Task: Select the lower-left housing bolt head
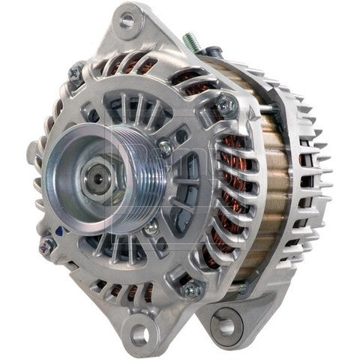48,242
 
